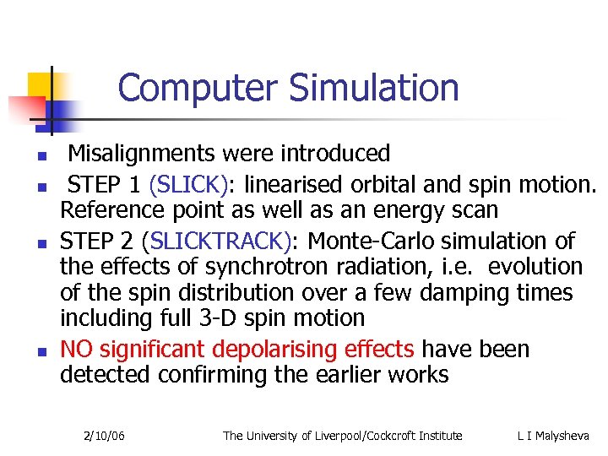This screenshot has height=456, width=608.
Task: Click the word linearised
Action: [x=301, y=182]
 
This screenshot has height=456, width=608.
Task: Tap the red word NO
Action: [x=76, y=348]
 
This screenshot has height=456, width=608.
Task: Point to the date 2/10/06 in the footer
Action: [x=105, y=436]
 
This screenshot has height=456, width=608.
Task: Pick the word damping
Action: [x=464, y=293]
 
